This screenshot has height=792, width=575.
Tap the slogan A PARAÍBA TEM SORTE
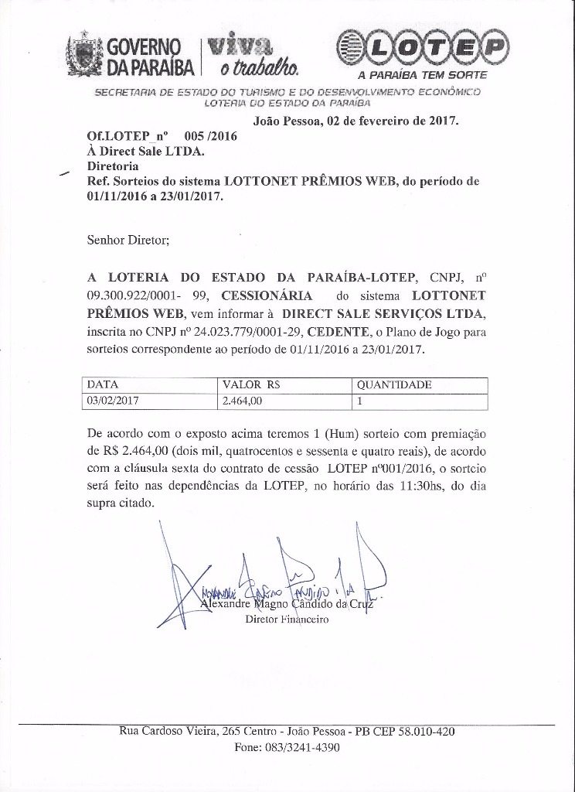click(421, 75)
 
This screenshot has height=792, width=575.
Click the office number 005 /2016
click(207, 135)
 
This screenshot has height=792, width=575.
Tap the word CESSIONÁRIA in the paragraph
click(267, 295)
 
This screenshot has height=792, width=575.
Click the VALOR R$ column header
click(251, 384)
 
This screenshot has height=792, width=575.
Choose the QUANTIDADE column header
click(393, 384)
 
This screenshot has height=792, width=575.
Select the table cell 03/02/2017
click(114, 401)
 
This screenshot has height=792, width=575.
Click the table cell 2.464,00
click(243, 401)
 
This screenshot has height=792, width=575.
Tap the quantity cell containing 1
click(360, 401)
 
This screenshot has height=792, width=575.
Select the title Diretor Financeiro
click(287, 620)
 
